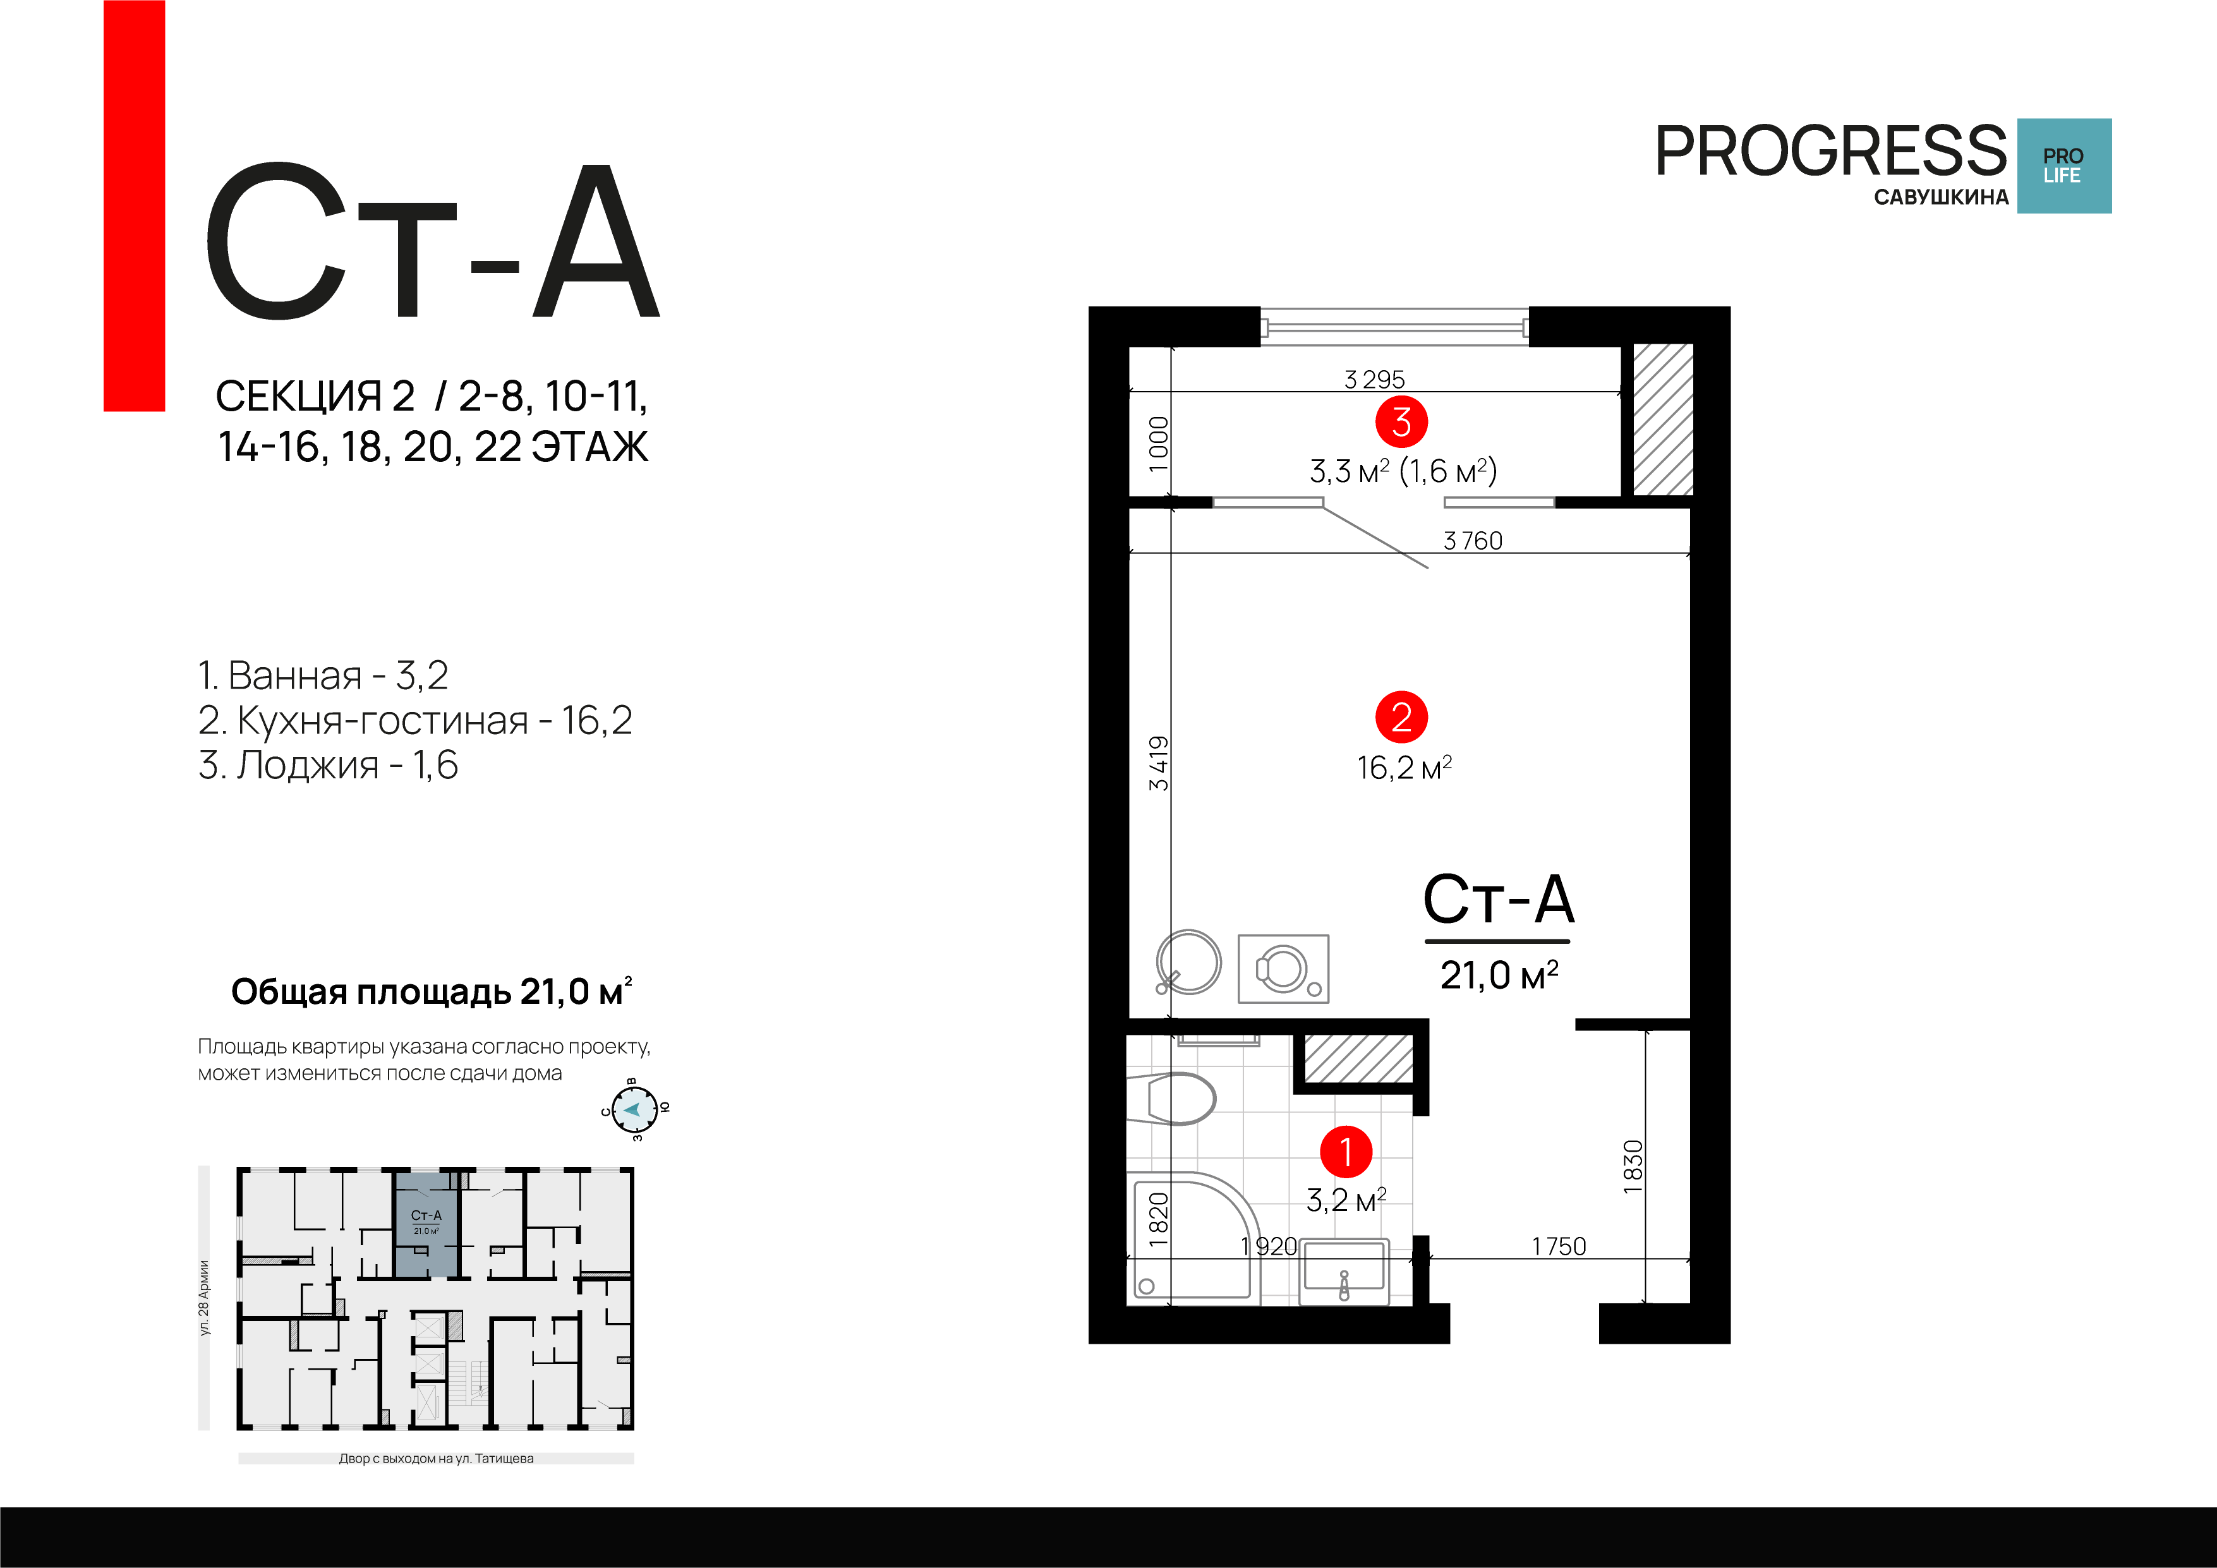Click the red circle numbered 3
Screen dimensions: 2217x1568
click(x=1401, y=422)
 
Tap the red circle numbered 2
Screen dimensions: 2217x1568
click(x=1401, y=718)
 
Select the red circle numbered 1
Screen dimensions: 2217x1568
click(x=1346, y=1151)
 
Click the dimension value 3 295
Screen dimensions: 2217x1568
click(x=1374, y=380)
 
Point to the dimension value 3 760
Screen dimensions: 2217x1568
click(x=1473, y=541)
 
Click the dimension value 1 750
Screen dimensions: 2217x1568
click(x=1559, y=1246)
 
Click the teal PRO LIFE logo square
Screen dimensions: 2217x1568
click(x=2063, y=165)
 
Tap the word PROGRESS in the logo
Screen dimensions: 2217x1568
click(x=1831, y=152)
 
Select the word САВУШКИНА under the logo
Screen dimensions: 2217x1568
click(x=1941, y=198)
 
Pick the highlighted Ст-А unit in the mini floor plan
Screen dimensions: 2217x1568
click(x=426, y=1224)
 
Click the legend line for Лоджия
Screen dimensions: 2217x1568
click(x=329, y=764)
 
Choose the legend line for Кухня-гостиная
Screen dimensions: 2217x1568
click(x=415, y=720)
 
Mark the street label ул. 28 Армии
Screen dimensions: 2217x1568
click(x=203, y=1298)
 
